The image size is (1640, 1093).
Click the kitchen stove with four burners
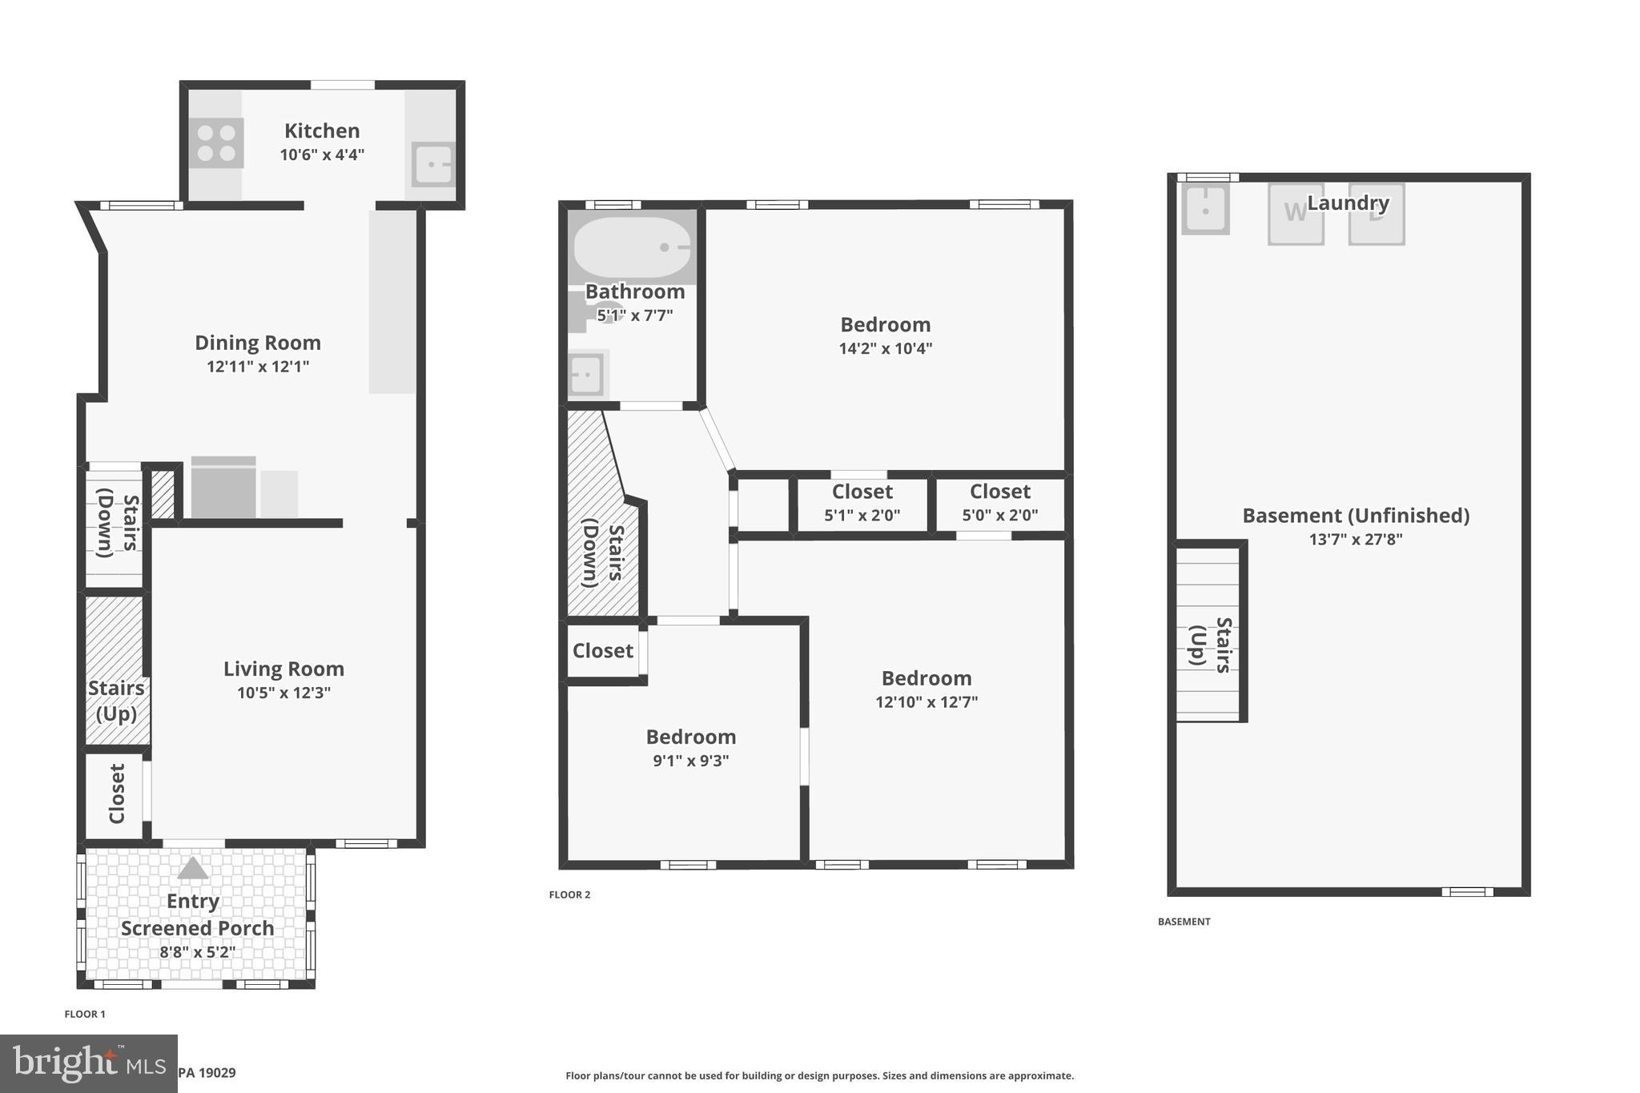pyautogui.click(x=216, y=143)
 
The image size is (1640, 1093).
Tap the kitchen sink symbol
pyautogui.click(x=432, y=164)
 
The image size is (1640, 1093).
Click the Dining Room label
pyautogui.click(x=258, y=343)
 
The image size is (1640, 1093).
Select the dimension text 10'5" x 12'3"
pyautogui.click(x=283, y=693)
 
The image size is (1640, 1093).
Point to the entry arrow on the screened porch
pyautogui.click(x=192, y=869)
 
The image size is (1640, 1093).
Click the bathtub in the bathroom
pyautogui.click(x=632, y=247)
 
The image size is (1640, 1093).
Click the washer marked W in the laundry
pyautogui.click(x=1295, y=213)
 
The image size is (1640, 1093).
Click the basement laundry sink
pyautogui.click(x=1204, y=210)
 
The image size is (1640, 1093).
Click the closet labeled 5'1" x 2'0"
pyautogui.click(x=862, y=503)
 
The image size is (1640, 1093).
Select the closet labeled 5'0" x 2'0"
pyautogui.click(x=999, y=503)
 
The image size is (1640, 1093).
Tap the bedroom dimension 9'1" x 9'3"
pyautogui.click(x=690, y=761)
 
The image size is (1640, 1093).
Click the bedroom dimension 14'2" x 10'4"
pyautogui.click(x=885, y=348)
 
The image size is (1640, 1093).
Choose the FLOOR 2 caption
pyautogui.click(x=569, y=894)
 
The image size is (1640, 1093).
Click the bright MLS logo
pyautogui.click(x=87, y=1063)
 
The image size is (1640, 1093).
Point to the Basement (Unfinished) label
pyautogui.click(x=1355, y=516)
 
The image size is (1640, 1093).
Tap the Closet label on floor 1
pyautogui.click(x=117, y=794)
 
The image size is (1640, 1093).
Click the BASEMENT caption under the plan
pyautogui.click(x=1184, y=922)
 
